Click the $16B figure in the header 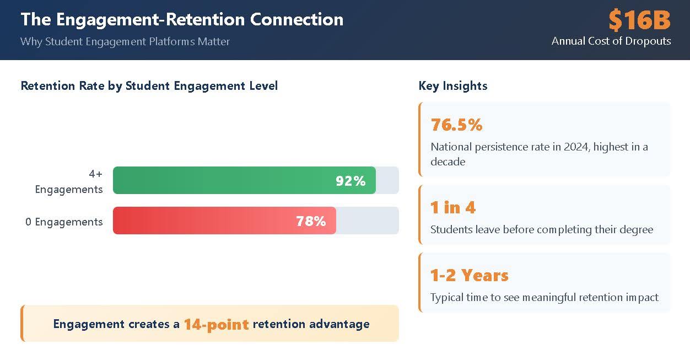coord(639,20)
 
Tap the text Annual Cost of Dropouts coord(611,41)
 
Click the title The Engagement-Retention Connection coord(182,19)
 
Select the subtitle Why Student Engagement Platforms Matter coord(125,41)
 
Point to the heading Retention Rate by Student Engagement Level coord(149,86)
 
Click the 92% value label coord(351,181)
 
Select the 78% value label coord(311,221)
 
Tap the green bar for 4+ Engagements coord(220,180)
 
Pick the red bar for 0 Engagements coord(198,221)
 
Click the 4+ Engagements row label coord(69,181)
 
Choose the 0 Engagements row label coord(64,222)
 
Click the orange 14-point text coord(216,324)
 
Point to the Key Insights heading coord(452,86)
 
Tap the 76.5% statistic coord(456,125)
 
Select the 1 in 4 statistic coord(452,207)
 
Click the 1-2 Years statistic coord(469,275)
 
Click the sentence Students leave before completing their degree coord(541,229)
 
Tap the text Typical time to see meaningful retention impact coord(544,297)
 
